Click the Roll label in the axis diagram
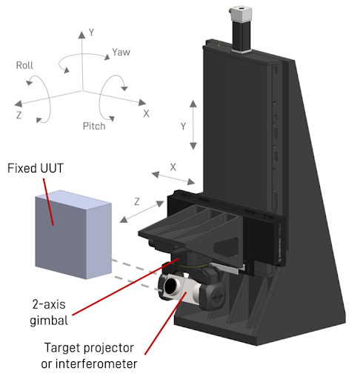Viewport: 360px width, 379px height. [25, 65]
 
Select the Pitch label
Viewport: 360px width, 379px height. [94, 125]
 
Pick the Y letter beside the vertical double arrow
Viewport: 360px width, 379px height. [181, 126]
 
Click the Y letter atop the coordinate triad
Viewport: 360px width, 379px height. [90, 33]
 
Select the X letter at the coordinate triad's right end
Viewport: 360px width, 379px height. [146, 113]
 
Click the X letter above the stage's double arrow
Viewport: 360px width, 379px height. [173, 167]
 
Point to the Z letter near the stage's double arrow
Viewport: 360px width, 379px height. [138, 201]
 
